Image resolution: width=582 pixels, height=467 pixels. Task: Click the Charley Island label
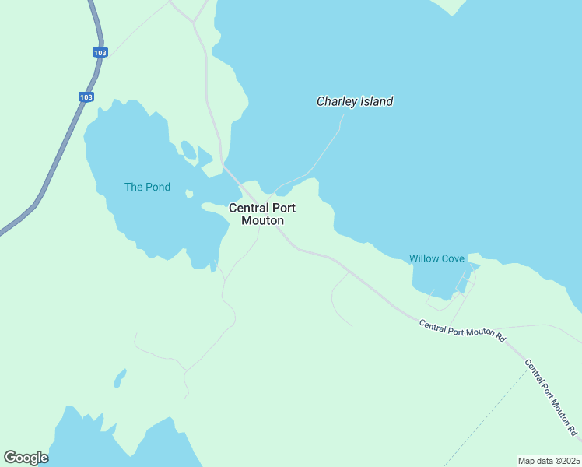click(354, 101)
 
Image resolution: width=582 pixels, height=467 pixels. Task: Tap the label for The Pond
click(147, 187)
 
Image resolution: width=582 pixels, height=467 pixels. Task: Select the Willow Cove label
click(436, 258)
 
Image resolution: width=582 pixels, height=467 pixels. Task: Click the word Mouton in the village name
click(262, 221)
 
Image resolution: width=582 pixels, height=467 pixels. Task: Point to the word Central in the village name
click(249, 208)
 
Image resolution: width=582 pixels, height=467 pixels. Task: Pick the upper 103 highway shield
click(99, 52)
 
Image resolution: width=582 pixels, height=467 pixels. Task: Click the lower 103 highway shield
click(86, 97)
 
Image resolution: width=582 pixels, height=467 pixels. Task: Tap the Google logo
click(26, 458)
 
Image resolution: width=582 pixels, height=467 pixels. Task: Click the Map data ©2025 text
click(549, 461)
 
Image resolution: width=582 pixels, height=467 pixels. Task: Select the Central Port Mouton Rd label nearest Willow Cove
click(462, 331)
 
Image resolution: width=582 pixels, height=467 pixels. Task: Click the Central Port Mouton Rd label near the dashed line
click(550, 397)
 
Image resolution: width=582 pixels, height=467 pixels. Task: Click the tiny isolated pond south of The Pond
click(119, 379)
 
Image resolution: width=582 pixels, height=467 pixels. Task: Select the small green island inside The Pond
click(188, 148)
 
